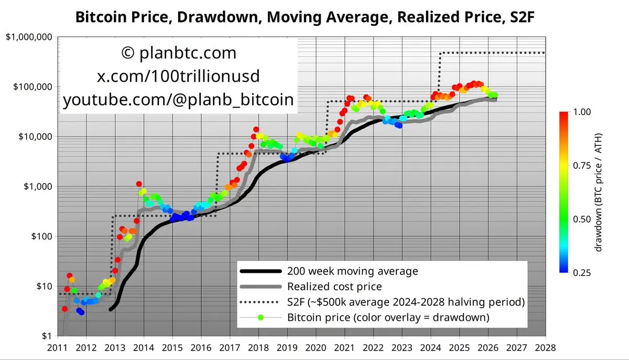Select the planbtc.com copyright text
coord(179,53)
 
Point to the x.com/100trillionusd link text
coord(179,77)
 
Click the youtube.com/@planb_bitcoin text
coord(179,100)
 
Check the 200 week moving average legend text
coord(353,271)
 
